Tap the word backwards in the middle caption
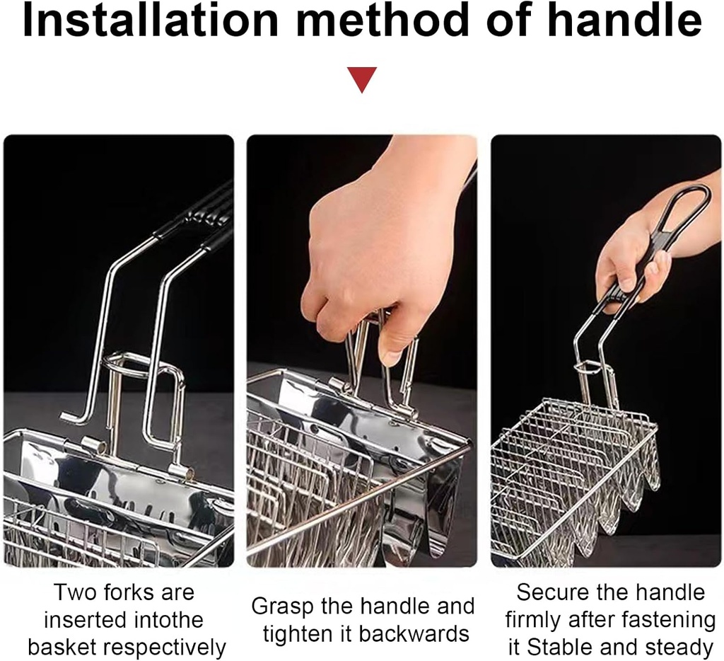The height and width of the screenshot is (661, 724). coord(414,633)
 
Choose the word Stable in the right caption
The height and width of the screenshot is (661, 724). coord(556,647)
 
